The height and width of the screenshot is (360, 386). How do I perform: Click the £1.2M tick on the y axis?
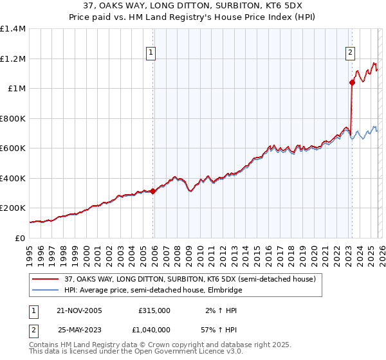[x=13, y=59]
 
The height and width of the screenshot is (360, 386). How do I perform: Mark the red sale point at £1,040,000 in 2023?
[x=352, y=82]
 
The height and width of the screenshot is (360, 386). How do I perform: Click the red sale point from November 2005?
[x=153, y=191]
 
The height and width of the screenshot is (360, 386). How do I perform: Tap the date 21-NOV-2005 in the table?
[x=80, y=310]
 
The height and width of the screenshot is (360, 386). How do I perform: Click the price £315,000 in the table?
[x=154, y=310]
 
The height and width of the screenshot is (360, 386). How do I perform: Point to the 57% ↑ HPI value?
[x=222, y=330]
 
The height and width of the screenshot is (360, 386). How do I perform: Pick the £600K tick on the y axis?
[x=13, y=148]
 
